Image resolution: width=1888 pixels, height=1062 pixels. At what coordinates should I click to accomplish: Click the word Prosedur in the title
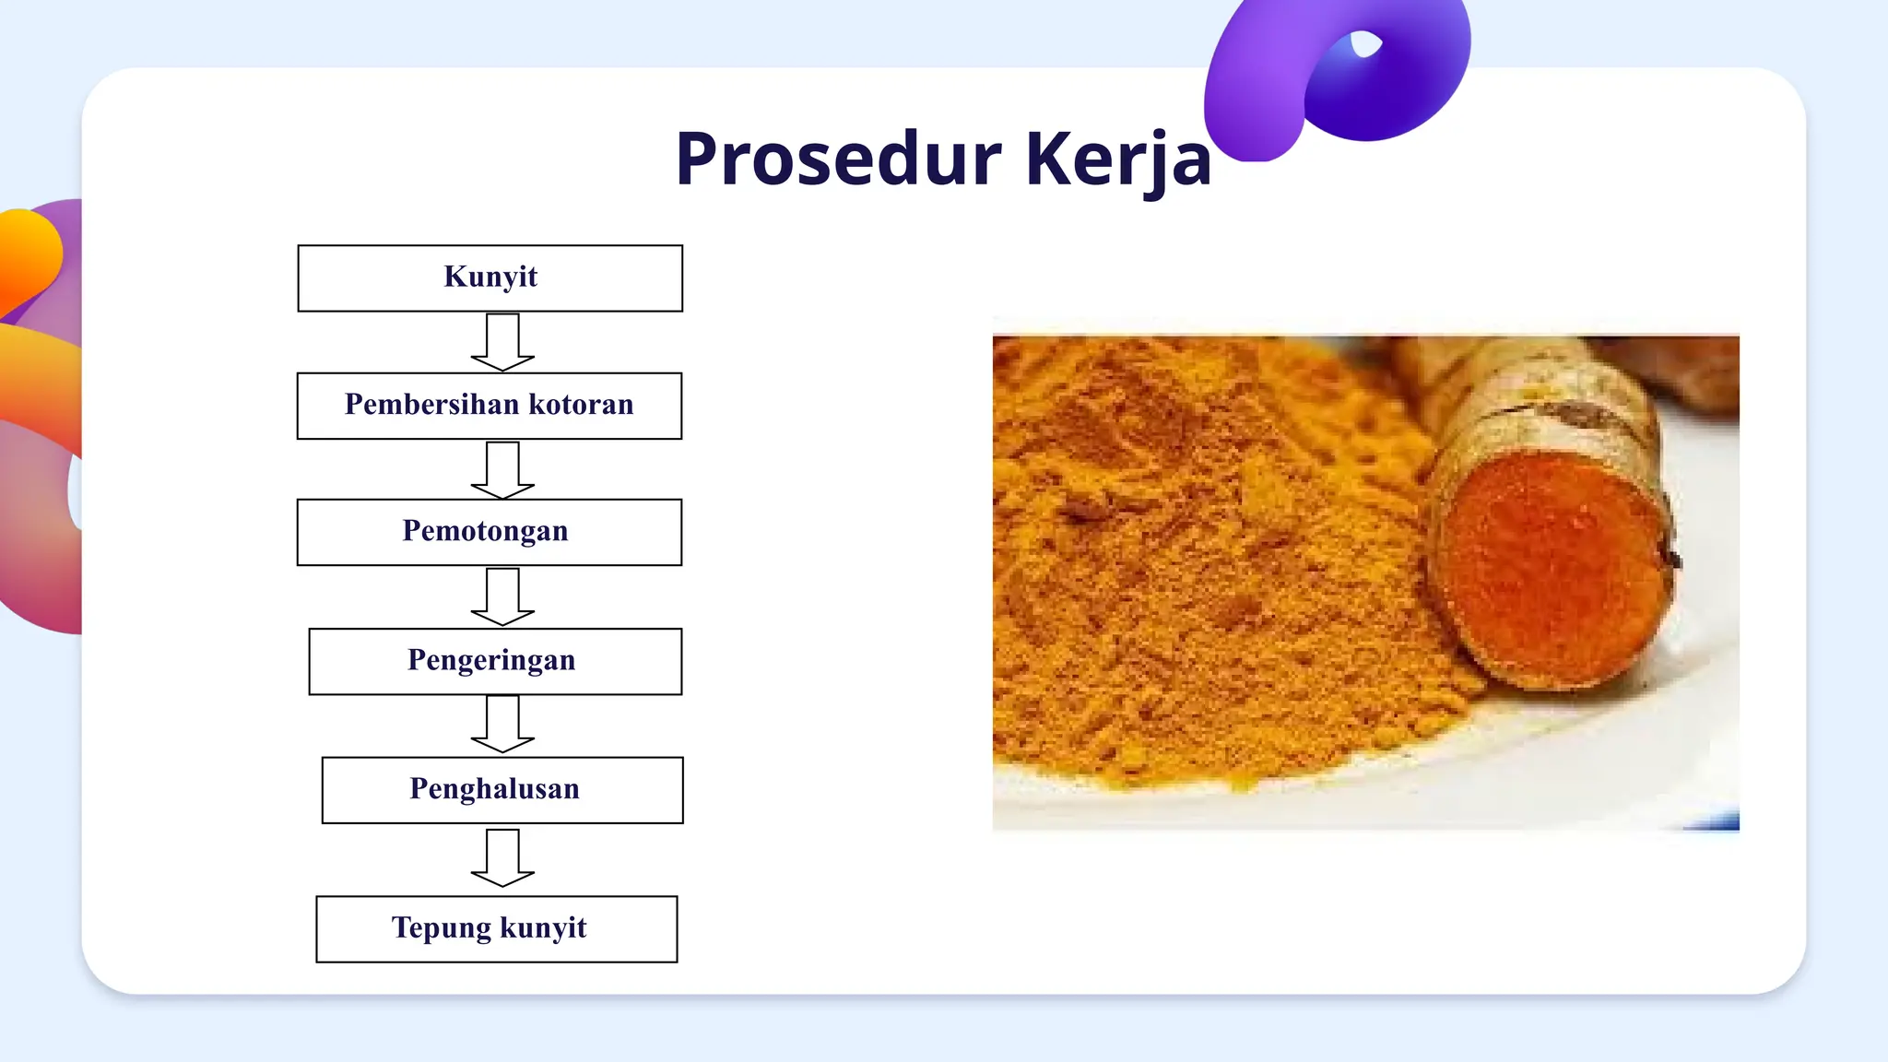pos(837,159)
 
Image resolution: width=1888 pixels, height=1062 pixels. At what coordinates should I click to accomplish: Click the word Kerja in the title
pos(1117,159)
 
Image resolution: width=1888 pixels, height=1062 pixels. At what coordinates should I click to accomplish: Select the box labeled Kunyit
pos(490,277)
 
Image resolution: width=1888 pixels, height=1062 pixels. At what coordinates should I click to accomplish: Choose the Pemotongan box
pos(489,532)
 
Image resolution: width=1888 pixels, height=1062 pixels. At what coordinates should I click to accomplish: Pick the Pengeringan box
pos(494,661)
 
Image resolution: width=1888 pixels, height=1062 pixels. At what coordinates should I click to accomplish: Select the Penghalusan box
pos(501,790)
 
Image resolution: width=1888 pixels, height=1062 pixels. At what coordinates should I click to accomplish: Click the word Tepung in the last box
pos(441,927)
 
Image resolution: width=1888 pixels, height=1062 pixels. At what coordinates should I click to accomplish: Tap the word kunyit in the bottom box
pos(543,927)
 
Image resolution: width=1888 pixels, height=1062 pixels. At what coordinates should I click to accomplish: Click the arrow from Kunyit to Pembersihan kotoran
pos(502,342)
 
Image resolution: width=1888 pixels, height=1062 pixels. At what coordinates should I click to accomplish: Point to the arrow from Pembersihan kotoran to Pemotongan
pos(502,470)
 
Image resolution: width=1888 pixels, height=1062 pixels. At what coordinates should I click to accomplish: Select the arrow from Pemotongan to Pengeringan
pos(502,596)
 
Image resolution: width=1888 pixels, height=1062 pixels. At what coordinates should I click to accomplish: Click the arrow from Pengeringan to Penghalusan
pos(502,724)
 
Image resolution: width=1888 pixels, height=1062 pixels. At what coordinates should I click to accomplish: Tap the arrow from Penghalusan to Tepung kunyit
pos(502,857)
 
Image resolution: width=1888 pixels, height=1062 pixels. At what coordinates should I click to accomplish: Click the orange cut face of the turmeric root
pos(1553,572)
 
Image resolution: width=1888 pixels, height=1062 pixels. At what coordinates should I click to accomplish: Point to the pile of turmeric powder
pos(1198,572)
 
